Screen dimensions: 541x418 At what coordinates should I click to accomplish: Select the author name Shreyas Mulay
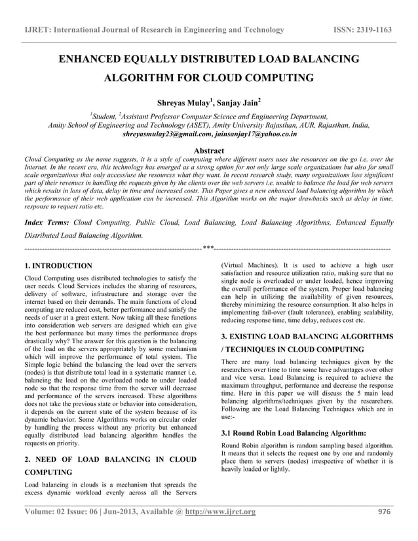183,103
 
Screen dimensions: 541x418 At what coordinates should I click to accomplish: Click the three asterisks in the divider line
208,248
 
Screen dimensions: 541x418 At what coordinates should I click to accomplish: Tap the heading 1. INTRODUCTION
58,267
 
